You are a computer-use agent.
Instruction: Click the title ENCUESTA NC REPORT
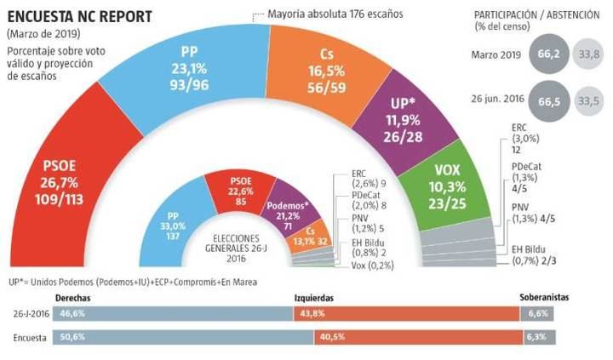click(69, 15)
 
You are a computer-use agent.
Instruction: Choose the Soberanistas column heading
click(542, 299)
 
